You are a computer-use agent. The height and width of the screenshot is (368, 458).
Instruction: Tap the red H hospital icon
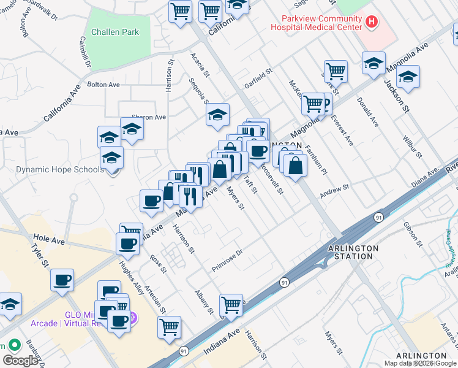coord(370,23)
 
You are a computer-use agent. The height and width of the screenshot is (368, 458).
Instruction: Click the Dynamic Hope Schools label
coord(60,169)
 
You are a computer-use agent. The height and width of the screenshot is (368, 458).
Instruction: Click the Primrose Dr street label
coord(228,260)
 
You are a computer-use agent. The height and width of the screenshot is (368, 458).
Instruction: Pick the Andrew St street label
coord(334,191)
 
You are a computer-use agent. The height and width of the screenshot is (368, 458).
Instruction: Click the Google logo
coord(21,361)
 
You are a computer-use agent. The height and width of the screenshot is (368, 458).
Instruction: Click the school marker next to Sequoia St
coord(217,114)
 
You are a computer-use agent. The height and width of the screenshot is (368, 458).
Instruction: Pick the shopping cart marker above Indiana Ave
coord(231,304)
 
